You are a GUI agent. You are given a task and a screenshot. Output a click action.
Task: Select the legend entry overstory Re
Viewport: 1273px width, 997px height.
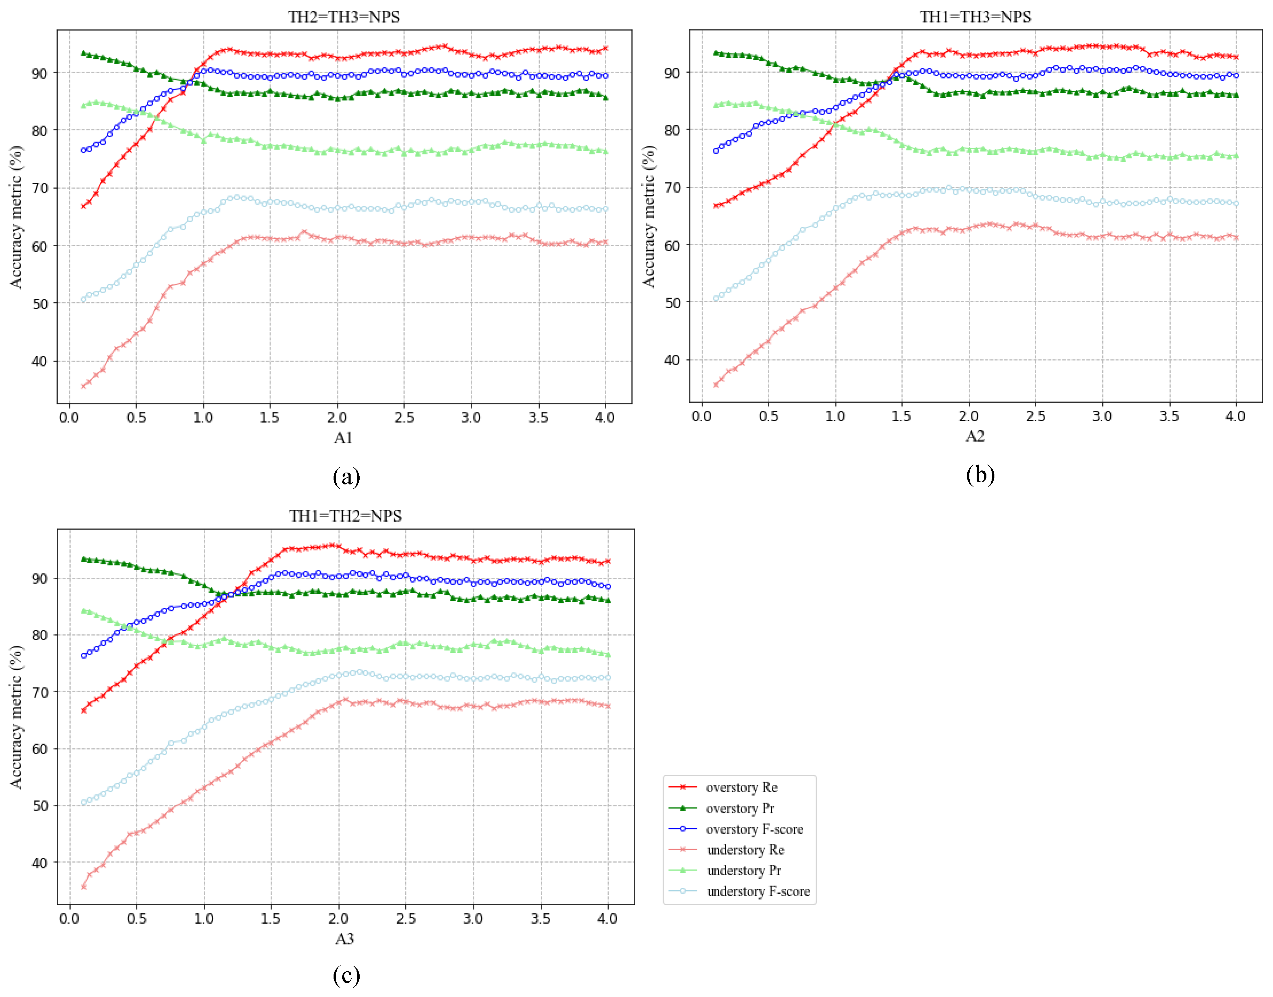point(741,787)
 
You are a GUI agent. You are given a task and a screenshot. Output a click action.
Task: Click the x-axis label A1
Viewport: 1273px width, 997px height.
point(343,438)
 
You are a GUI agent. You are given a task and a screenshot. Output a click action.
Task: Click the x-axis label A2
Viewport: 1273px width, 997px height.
point(975,436)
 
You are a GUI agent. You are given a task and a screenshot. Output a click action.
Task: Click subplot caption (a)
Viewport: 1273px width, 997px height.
point(346,476)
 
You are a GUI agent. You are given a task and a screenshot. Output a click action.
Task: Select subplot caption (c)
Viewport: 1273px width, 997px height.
point(346,974)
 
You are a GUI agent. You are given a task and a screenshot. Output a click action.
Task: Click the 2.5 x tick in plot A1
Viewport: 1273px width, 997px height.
point(404,417)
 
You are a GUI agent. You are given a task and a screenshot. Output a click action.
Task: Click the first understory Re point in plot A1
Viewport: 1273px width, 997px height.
point(83,386)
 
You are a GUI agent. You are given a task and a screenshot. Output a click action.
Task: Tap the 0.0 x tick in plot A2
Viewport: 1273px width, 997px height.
point(702,416)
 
